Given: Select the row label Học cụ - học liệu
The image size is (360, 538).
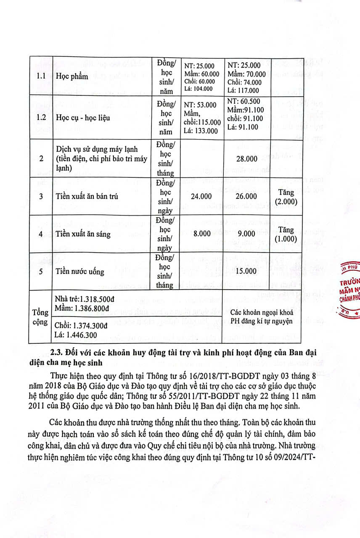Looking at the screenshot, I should [83, 117].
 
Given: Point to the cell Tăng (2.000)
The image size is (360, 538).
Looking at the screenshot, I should [286, 197].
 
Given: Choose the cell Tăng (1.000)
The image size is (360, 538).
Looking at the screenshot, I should [286, 235].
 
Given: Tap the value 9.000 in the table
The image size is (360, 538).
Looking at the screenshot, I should [246, 234].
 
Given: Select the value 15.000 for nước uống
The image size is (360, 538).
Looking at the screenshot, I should [246, 271].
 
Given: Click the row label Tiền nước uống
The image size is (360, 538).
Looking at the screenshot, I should [80, 272].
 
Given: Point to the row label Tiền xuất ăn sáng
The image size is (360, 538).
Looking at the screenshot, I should [83, 234].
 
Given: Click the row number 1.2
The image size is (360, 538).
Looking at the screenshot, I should [41, 117].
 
